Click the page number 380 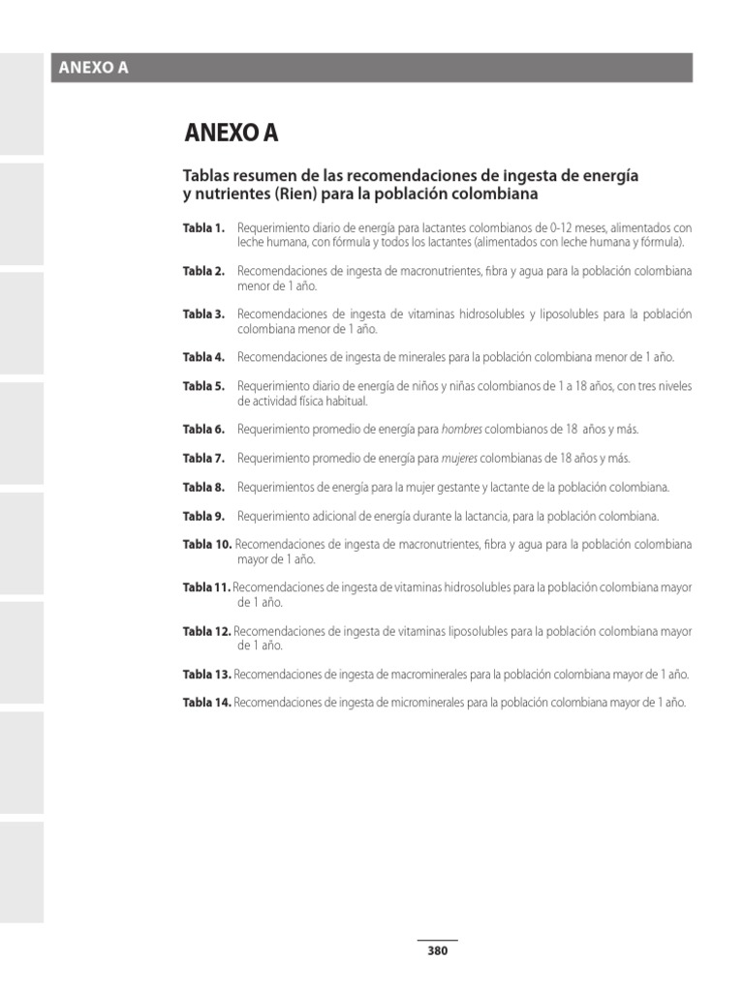pos(437,950)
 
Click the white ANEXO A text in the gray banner pos(94,68)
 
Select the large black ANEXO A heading pos(231,134)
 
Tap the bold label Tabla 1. pos(203,228)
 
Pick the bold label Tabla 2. pos(203,272)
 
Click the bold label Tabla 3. pos(203,315)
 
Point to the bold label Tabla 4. pos(203,357)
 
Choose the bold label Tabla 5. pos(203,386)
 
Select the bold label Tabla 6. pos(203,429)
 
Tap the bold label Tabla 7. pos(203,458)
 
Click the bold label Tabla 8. pos(203,487)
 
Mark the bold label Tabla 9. pos(203,516)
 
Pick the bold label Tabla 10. pos(207,545)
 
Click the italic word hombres pos(461,429)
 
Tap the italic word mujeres pos(459,458)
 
